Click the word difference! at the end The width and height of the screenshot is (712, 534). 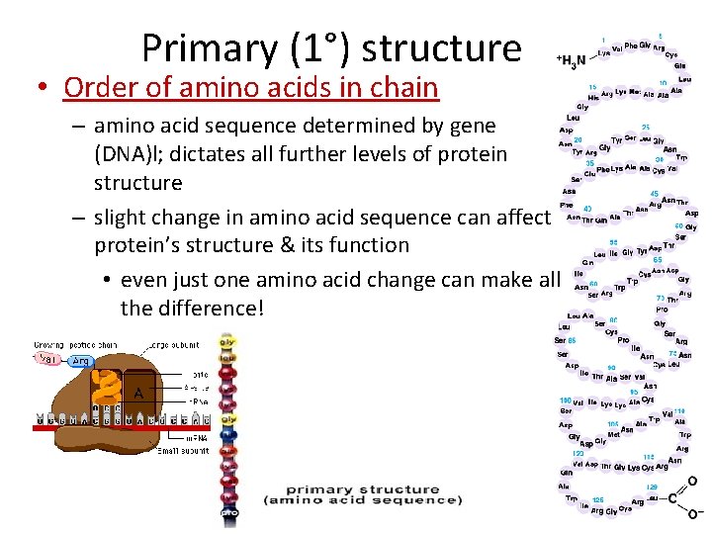pyautogui.click(x=192, y=308)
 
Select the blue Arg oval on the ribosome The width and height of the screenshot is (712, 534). pyautogui.click(x=80, y=361)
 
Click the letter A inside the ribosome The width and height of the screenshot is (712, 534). pyautogui.click(x=138, y=393)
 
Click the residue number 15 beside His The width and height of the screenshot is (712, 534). pyautogui.click(x=591, y=87)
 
